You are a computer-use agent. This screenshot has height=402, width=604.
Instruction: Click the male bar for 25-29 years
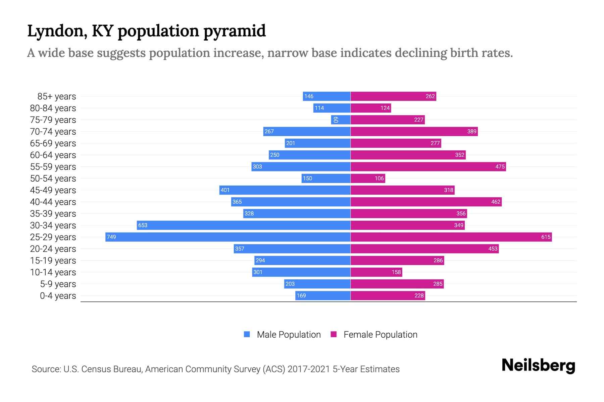coord(228,237)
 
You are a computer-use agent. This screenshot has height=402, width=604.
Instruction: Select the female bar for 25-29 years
coord(451,237)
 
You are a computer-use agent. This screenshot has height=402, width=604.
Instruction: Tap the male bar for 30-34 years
coord(244,225)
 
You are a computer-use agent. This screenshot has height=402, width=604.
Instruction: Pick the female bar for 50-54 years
coord(368,178)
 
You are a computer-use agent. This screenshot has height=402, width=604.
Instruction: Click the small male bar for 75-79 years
coord(341,120)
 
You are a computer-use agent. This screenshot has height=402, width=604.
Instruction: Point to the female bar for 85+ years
coord(393,96)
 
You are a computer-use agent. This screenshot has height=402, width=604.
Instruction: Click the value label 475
coord(500,166)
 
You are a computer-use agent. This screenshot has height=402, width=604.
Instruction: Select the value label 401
coord(225,190)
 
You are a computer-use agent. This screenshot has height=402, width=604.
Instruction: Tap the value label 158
coord(396,272)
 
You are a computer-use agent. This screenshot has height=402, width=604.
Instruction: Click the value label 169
coord(301,295)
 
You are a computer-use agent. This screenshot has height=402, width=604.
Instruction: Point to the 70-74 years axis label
coord(53,132)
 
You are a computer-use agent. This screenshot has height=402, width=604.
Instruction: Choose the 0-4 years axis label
coord(58,296)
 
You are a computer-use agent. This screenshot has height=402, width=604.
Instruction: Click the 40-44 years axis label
coord(53,202)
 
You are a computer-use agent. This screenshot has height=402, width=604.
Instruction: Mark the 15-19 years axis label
coord(53,261)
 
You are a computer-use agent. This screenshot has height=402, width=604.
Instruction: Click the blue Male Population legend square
coord(247,334)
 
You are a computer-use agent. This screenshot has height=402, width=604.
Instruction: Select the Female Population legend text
coord(380,334)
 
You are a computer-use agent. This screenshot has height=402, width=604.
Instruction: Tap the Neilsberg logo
coord(538,365)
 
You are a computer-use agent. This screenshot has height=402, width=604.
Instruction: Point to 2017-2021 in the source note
coord(309,369)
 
